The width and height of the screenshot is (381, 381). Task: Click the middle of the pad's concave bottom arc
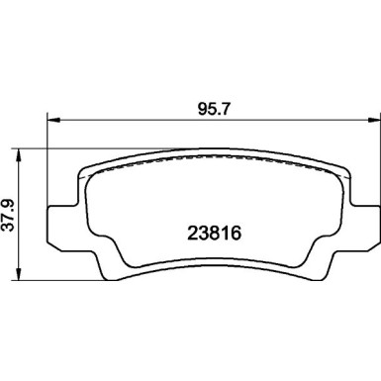[212, 244]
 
